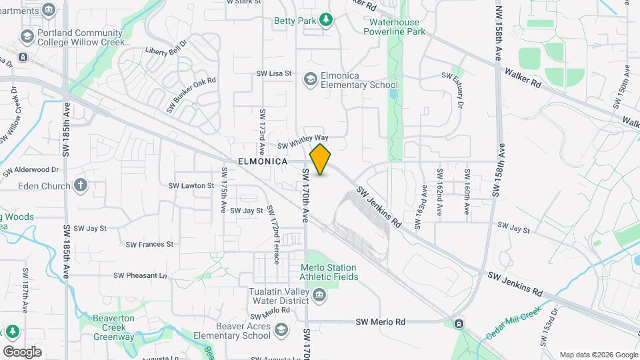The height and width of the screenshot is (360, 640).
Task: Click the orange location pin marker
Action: point(321,159)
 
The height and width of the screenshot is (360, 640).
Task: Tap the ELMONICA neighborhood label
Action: point(262,162)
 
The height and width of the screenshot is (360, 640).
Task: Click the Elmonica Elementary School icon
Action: point(310,80)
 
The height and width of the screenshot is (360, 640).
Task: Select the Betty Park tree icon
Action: point(325,21)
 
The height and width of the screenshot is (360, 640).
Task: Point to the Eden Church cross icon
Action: point(81,185)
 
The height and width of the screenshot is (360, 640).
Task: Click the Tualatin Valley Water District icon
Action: point(319,295)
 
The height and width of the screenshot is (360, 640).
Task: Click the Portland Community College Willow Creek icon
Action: point(27,36)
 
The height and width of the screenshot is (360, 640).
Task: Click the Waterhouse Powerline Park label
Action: point(397,27)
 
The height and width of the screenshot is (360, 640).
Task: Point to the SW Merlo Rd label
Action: point(381,321)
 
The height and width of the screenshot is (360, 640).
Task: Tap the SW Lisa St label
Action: point(275,74)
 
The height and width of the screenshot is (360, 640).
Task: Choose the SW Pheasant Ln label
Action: point(140,275)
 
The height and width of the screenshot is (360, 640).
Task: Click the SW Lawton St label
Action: point(191,185)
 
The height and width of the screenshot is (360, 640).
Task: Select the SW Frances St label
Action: point(151,244)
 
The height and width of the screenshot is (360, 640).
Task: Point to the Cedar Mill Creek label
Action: point(512,323)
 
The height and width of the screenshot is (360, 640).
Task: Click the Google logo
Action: point(22,351)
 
